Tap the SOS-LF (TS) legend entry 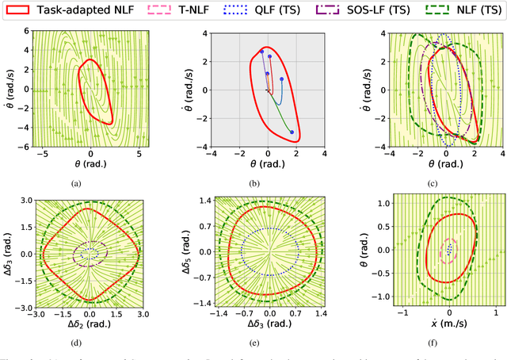coord(381,10)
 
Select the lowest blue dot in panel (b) coord(292,132)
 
